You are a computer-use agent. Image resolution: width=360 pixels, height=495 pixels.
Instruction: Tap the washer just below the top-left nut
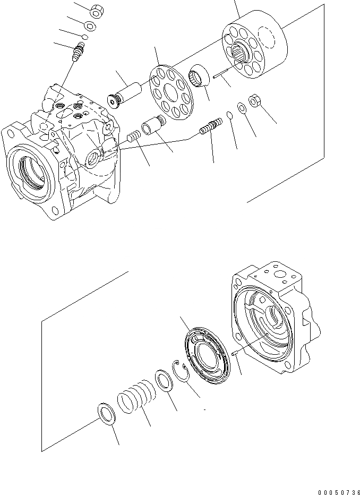click(x=91, y=27)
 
